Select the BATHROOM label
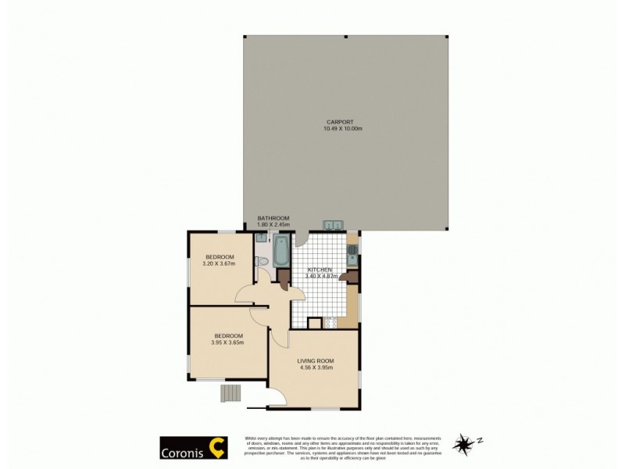point(273,218)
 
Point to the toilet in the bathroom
point(263,260)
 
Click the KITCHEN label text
point(320,269)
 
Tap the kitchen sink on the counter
point(352,252)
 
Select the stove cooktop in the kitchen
point(330,321)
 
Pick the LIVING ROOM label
point(316,360)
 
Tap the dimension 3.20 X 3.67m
point(220,263)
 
